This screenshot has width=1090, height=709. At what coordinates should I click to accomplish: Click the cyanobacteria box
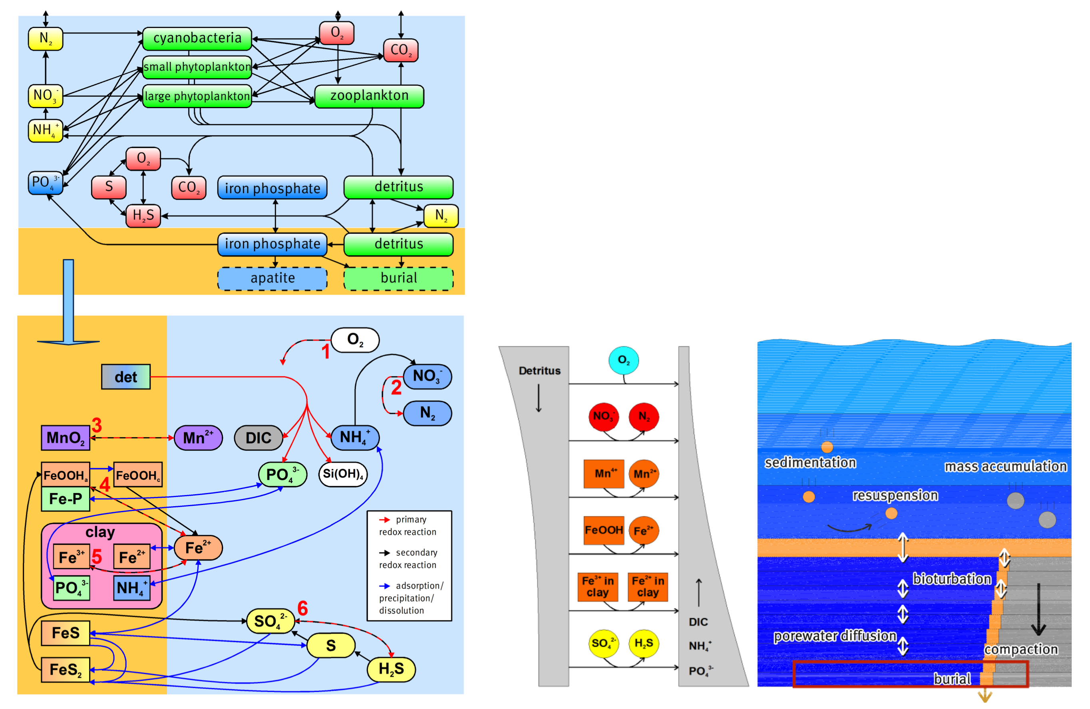197,38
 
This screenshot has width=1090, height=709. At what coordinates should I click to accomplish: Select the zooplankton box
369,96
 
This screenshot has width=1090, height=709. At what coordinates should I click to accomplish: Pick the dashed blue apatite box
272,278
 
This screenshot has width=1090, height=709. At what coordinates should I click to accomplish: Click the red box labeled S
109,187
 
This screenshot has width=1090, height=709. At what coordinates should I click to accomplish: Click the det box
125,377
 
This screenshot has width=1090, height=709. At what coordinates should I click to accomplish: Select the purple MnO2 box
65,438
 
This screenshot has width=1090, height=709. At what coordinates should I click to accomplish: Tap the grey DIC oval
258,438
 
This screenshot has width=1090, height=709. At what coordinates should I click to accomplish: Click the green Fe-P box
65,499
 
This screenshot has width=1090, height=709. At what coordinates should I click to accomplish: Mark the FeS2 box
65,669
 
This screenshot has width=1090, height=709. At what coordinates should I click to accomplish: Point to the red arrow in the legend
384,520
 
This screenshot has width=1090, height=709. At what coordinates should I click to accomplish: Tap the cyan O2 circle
623,360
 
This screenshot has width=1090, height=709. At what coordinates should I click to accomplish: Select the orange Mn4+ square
604,474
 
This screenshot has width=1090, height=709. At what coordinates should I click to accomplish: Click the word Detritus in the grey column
539,371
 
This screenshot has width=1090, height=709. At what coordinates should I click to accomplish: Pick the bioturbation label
951,579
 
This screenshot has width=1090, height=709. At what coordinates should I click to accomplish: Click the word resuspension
895,495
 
